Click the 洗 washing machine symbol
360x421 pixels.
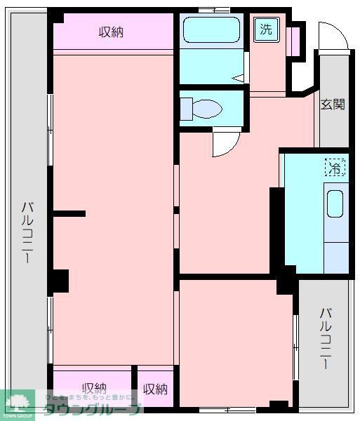pyautogui.click(x=267, y=29)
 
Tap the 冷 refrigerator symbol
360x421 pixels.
pyautogui.click(x=335, y=168)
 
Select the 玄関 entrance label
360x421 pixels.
pyautogui.click(x=333, y=105)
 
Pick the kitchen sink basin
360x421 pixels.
pyautogui.click(x=335, y=203)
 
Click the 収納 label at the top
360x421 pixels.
pyautogui.click(x=111, y=32)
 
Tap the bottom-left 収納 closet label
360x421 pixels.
pyautogui.click(x=93, y=388)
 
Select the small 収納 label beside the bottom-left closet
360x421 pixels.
pyautogui.click(x=155, y=388)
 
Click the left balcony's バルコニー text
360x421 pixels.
pyautogui.click(x=26, y=232)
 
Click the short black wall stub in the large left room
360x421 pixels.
pyautogui.click(x=69, y=213)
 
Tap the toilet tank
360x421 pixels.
pyautogui.click(x=186, y=109)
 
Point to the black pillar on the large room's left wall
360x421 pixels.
pyautogui.click(x=59, y=281)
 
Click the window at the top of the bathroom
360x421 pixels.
pyautogui.click(x=210, y=10)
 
